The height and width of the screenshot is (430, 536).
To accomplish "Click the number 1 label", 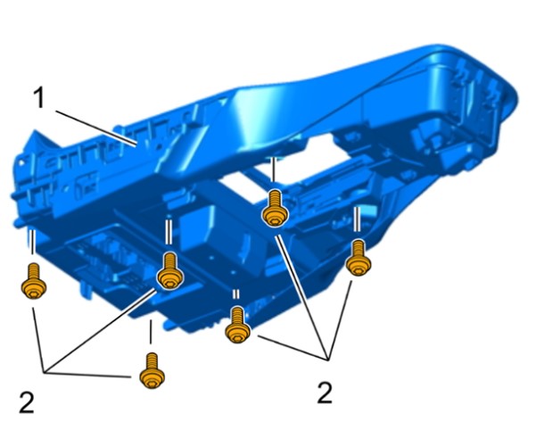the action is (x=39, y=98).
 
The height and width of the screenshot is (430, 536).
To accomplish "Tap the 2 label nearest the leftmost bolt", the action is (x=27, y=402).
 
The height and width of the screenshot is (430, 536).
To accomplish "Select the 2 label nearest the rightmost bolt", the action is (x=325, y=393).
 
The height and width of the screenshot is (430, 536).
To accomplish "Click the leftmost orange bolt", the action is (x=34, y=281).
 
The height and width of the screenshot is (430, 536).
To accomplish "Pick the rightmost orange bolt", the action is (x=358, y=258).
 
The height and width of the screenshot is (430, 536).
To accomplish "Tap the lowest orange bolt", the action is (x=153, y=371).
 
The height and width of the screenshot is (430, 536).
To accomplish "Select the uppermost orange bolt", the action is (x=275, y=209).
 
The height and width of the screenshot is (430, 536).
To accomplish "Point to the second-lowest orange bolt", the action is (x=237, y=325).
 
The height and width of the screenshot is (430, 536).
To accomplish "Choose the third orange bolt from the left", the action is (x=169, y=271).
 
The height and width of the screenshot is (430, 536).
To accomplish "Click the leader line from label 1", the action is (x=96, y=128).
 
